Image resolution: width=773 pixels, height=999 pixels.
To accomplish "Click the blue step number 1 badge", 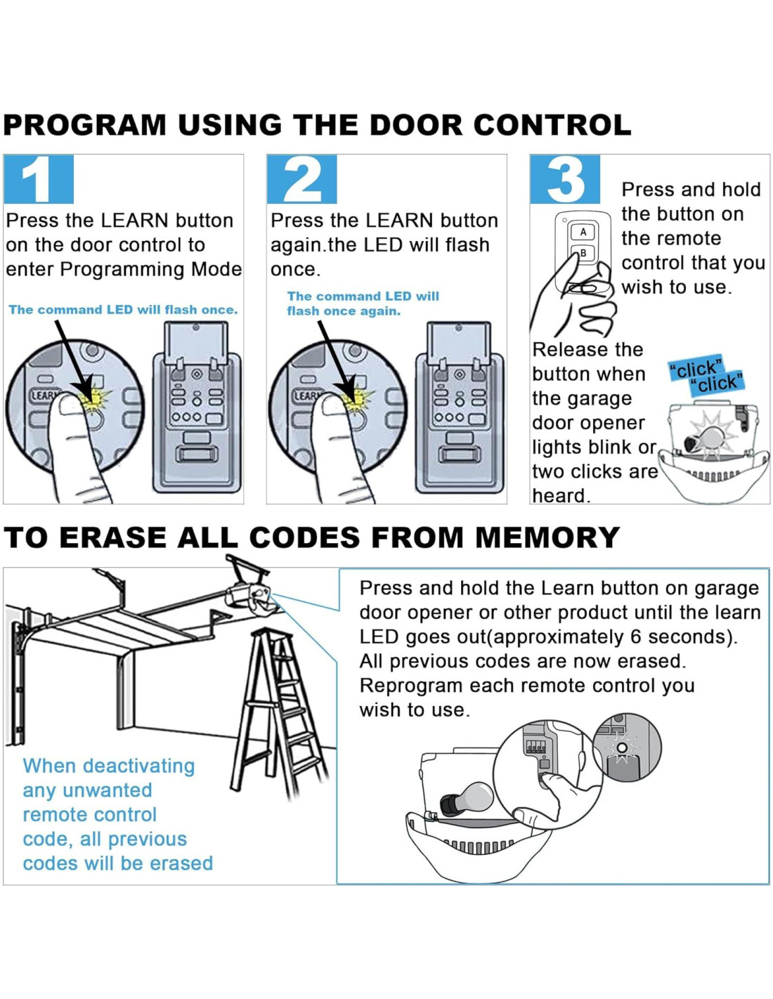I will pyautogui.click(x=38, y=179).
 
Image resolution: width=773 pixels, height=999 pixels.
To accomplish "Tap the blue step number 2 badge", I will pyautogui.click(x=301, y=179).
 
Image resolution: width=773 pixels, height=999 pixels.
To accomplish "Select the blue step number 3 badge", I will pyautogui.click(x=564, y=179).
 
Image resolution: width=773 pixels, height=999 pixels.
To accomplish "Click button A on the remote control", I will pyautogui.click(x=583, y=232).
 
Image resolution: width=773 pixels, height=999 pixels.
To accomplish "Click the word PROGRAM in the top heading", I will pyautogui.click(x=85, y=125).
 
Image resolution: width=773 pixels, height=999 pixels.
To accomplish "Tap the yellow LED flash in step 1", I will pyautogui.click(x=92, y=398).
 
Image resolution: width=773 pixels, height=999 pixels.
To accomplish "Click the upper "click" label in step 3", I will pyautogui.click(x=696, y=367).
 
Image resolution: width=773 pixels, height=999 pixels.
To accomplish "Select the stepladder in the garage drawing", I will pyautogui.click(x=281, y=710).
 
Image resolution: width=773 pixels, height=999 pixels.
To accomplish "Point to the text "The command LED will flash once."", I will pyautogui.click(x=123, y=310).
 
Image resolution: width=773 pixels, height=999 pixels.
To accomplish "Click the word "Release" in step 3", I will pyautogui.click(x=568, y=350).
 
